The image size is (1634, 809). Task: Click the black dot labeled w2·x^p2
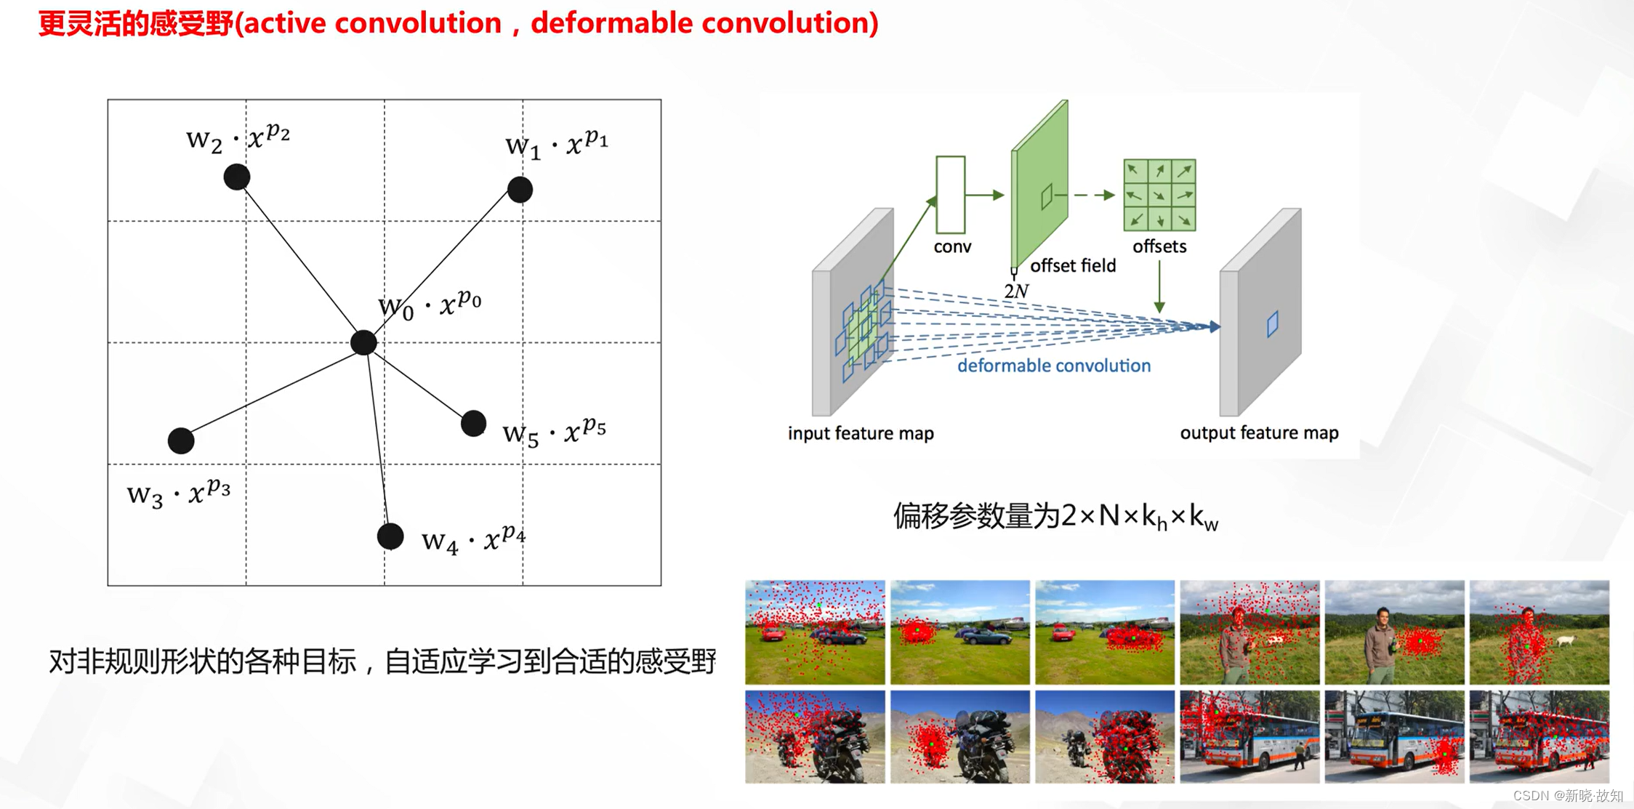pos(237,177)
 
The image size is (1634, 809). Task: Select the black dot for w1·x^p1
pos(520,190)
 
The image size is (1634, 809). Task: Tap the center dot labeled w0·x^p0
pos(363,342)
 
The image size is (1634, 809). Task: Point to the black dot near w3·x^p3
pos(181,440)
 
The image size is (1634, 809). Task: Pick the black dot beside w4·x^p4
pos(390,536)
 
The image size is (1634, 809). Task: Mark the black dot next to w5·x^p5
pos(473,423)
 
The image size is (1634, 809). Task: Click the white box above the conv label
pos(951,194)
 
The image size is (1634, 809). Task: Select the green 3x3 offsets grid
pos(1159,195)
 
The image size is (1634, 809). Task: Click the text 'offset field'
pos(1073,265)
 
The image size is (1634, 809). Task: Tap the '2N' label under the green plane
pos(1016,291)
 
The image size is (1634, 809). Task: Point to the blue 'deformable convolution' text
pos(1054,366)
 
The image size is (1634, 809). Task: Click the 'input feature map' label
pos(861,433)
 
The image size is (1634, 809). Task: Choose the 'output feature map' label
pos(1259,432)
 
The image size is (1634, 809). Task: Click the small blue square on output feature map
pos(1272,324)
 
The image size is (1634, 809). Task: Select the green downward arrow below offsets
pos(1159,287)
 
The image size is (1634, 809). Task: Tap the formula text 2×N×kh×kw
pos(1139,517)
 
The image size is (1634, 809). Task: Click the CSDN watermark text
pos(1568,795)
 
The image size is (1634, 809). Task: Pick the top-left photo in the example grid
pos(815,632)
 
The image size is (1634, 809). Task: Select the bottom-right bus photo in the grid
pos(1539,736)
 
